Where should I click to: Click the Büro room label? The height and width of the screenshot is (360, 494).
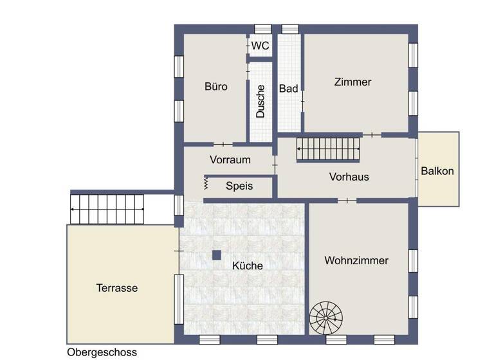click(x=216, y=87)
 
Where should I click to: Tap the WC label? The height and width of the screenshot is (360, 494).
click(x=260, y=46)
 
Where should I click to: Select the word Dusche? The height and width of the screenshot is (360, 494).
click(x=261, y=102)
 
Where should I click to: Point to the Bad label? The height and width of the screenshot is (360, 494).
click(x=288, y=89)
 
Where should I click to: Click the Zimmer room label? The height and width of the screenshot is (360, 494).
click(x=352, y=82)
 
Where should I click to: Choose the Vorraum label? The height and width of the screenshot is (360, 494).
click(x=230, y=159)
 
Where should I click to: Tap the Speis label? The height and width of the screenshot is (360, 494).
click(x=239, y=186)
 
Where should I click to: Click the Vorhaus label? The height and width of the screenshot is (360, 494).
click(x=349, y=176)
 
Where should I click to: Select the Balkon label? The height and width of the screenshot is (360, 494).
click(x=437, y=171)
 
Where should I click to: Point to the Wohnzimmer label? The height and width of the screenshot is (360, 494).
click(x=356, y=261)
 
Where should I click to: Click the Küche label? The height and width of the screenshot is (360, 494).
click(x=248, y=265)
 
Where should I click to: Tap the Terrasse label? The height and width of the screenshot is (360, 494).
click(x=117, y=288)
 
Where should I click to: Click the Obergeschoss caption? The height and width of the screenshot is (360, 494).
click(x=102, y=353)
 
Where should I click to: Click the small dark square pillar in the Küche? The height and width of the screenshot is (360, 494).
click(x=217, y=255)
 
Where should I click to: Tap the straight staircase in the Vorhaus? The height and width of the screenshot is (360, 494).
click(x=328, y=151)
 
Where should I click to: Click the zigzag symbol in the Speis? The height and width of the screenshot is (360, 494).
click(x=206, y=184)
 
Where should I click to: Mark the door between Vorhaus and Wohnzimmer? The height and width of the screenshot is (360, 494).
click(x=347, y=201)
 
